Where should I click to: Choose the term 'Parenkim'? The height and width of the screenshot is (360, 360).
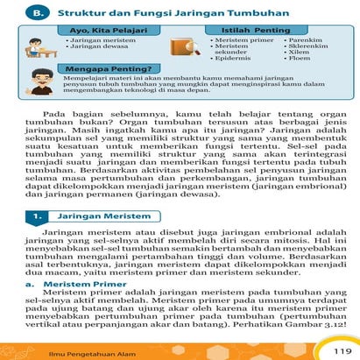click(304, 40)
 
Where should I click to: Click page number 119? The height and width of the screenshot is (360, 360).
click(340, 349)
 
